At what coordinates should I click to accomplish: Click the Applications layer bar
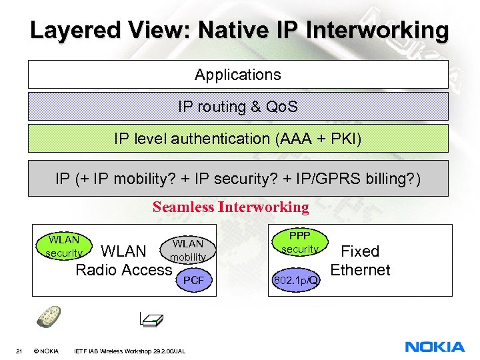click(x=238, y=75)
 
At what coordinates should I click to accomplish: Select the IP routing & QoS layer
click(x=238, y=106)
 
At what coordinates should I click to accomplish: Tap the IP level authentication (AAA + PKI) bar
click(x=238, y=139)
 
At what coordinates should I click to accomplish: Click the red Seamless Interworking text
click(x=231, y=207)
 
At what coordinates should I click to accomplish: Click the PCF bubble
click(x=193, y=281)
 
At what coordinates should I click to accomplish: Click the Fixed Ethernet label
click(x=360, y=261)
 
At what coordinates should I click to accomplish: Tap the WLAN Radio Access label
click(x=123, y=261)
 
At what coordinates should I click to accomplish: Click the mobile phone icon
click(x=48, y=317)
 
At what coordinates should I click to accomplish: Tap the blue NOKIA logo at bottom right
click(x=435, y=347)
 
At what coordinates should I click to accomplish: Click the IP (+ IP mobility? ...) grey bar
click(x=238, y=179)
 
